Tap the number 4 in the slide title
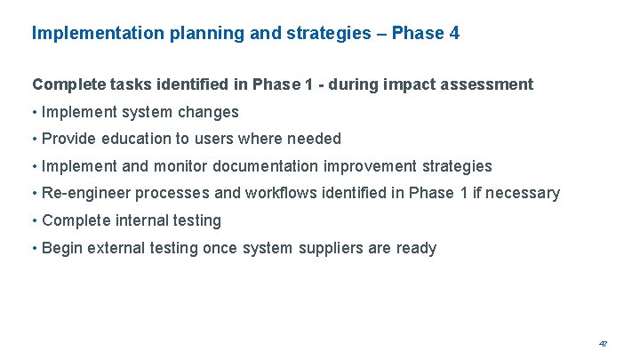pos(454,34)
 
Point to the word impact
pos(387,84)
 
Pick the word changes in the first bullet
pos(210,112)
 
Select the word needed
pos(316,139)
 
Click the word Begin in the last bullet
pos(62,248)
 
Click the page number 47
pos(603,343)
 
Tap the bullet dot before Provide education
pos(35,140)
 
